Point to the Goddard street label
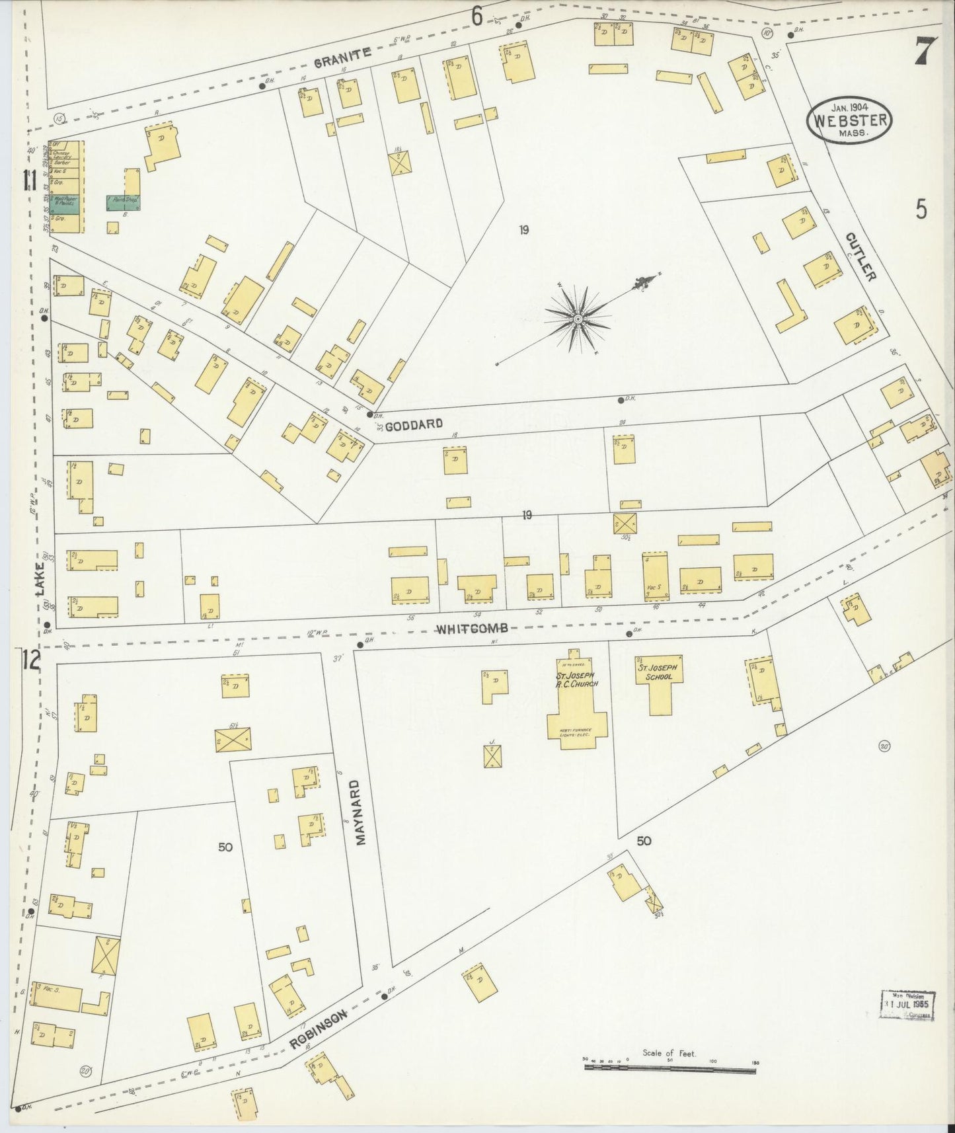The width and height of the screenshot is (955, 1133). pos(413,425)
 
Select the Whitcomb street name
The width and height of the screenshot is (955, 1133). pos(472,628)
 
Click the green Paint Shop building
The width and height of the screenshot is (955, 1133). pos(123,202)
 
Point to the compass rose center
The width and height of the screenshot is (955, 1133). pos(578,319)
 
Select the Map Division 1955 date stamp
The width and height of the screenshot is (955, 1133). pos(909,1007)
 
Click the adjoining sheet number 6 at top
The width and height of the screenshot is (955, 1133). pos(477,16)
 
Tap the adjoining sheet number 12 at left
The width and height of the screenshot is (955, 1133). pos(30,659)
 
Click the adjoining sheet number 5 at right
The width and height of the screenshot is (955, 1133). pos(921,209)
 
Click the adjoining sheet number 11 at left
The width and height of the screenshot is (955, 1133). pos(28,180)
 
